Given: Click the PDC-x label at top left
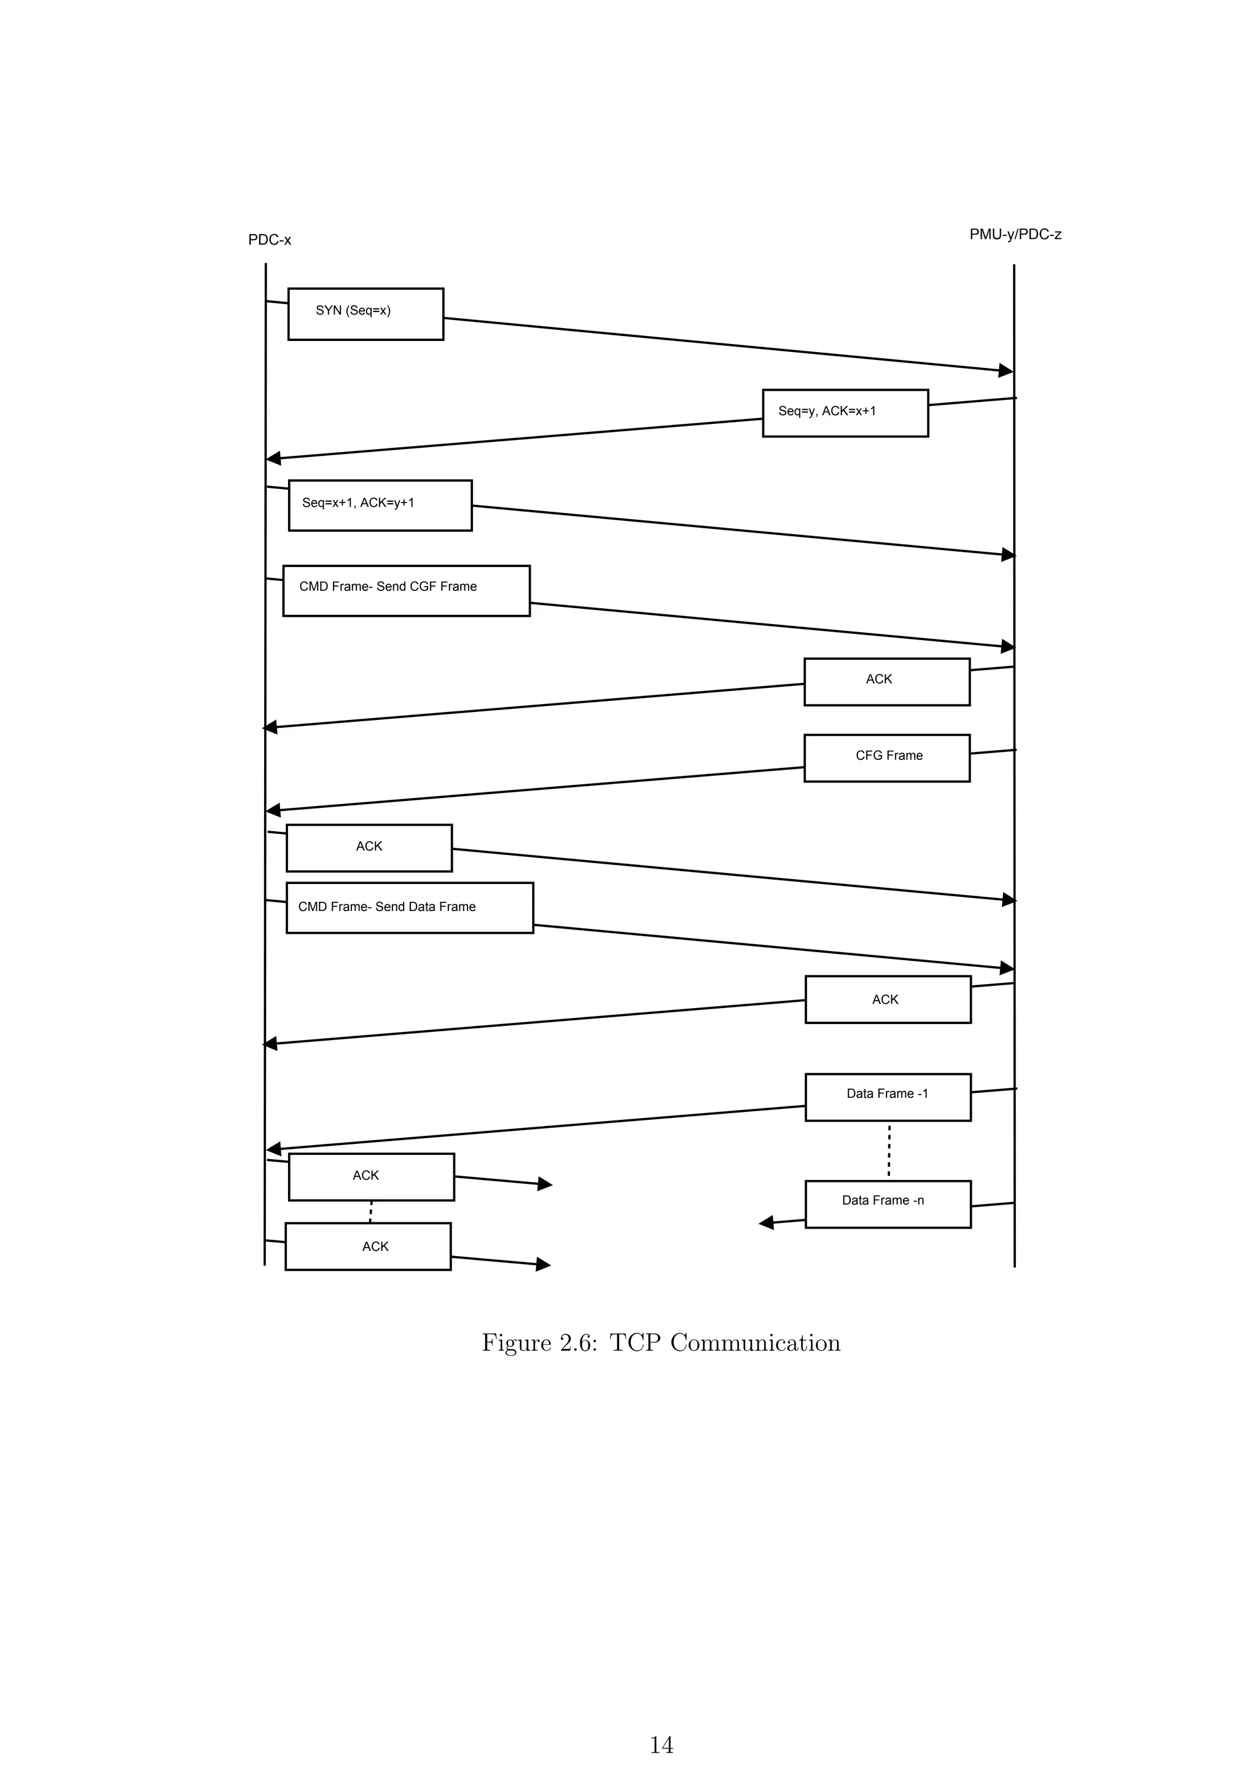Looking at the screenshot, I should pos(270,240).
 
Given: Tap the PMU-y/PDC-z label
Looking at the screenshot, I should pos(1015,235).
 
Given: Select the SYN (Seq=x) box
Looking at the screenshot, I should pos(365,314).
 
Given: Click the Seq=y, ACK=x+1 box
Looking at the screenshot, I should pos(845,413).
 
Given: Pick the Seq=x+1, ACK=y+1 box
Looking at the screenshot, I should pos(380,505).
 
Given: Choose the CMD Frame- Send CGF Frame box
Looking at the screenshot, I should pos(406,590).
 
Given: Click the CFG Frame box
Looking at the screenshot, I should pos(887,758).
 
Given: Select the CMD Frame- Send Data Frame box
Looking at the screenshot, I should pos(410,907).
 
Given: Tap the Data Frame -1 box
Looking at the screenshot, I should pos(888,1097).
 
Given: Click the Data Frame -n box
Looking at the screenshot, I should pos(888,1203).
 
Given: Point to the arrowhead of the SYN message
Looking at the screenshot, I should pos(1006,370).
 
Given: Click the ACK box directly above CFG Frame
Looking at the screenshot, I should pos(887,682).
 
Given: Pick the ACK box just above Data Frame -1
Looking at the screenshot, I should pos(888,999).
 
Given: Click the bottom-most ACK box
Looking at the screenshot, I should pos(368,1246).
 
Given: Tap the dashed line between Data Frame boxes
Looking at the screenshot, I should pos(888,1150).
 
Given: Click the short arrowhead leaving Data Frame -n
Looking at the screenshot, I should pos(766,1222).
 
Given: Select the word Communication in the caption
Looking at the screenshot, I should pos(756,1343).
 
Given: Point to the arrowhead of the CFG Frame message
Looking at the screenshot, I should pos(273,810).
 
